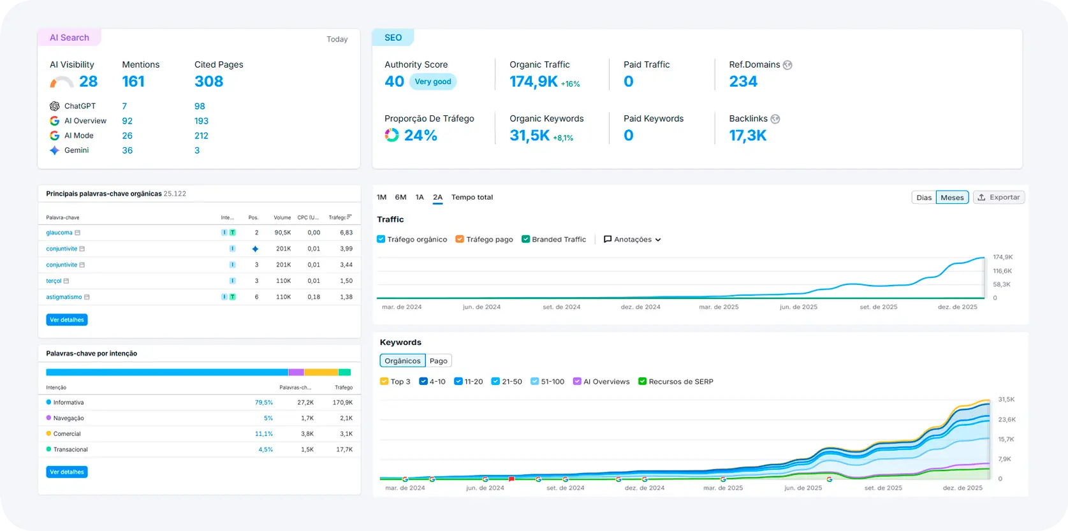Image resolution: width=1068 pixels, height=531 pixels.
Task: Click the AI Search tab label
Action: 69,38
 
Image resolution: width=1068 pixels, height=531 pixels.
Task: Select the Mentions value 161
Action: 133,82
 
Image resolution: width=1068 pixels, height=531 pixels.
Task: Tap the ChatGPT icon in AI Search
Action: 55,106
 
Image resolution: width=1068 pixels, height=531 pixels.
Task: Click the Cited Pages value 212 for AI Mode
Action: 201,136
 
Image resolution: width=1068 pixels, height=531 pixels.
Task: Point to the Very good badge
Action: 433,82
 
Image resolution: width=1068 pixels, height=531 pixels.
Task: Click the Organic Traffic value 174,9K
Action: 534,82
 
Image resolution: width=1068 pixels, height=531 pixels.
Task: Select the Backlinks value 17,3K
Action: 748,135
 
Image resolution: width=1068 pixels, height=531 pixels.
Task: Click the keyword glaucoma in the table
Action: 59,233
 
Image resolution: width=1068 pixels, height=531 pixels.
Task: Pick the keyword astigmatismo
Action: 64,297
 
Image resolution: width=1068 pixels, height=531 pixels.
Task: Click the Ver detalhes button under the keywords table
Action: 67,320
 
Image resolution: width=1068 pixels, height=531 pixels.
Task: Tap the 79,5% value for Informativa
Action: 263,403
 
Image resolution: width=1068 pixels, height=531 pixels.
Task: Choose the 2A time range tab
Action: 437,198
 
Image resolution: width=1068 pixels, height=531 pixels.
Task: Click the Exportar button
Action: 999,198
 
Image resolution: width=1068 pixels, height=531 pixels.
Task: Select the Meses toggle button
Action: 952,198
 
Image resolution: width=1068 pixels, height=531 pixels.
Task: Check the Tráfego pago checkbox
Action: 460,240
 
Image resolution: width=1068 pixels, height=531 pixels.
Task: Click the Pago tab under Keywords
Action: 439,361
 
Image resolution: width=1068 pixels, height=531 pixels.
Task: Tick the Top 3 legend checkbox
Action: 384,382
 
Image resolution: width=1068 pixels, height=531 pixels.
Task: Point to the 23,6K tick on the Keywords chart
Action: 1007,419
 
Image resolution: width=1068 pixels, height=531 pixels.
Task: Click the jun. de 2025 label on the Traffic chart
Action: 798,307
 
